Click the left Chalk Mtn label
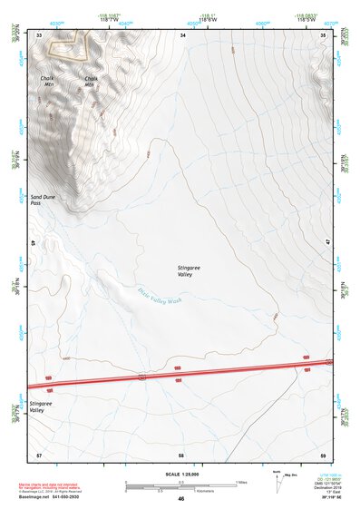[x=47, y=81]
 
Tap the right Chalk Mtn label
[x=91, y=81]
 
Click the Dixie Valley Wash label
[x=161, y=295]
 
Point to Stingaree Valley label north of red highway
[x=190, y=269]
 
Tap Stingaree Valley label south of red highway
[x=41, y=406]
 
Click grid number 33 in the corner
[x=39, y=34]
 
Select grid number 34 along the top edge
[x=182, y=34]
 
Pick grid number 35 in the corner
[x=324, y=34]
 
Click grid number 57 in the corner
[x=38, y=454]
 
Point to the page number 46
[x=180, y=499]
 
